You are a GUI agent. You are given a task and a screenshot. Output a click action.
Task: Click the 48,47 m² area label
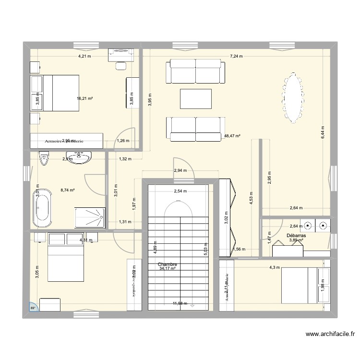pyautogui.click(x=232, y=136)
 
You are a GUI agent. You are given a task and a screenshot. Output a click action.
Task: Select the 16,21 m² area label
pyautogui.click(x=84, y=99)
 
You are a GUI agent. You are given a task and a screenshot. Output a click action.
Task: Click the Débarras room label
pyautogui.click(x=296, y=236)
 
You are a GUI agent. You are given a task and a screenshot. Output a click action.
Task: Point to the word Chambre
pyautogui.click(x=168, y=264)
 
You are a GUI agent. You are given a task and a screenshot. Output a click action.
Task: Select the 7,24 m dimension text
pyautogui.click(x=236, y=56)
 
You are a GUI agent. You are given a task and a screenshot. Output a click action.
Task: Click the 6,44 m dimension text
pyautogui.click(x=323, y=131)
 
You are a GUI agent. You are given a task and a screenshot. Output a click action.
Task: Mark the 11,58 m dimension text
pyautogui.click(x=180, y=303)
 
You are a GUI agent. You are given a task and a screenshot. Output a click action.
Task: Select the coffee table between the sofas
pyautogui.click(x=195, y=99)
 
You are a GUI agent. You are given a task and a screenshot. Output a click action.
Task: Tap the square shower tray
pyautogui.click(x=90, y=217)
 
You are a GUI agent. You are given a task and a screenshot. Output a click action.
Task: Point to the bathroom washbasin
pyautogui.click(x=79, y=157)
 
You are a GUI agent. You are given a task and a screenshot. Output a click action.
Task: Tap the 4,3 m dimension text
pyautogui.click(x=274, y=267)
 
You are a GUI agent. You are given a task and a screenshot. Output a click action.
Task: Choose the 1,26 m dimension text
pyautogui.click(x=123, y=141)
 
